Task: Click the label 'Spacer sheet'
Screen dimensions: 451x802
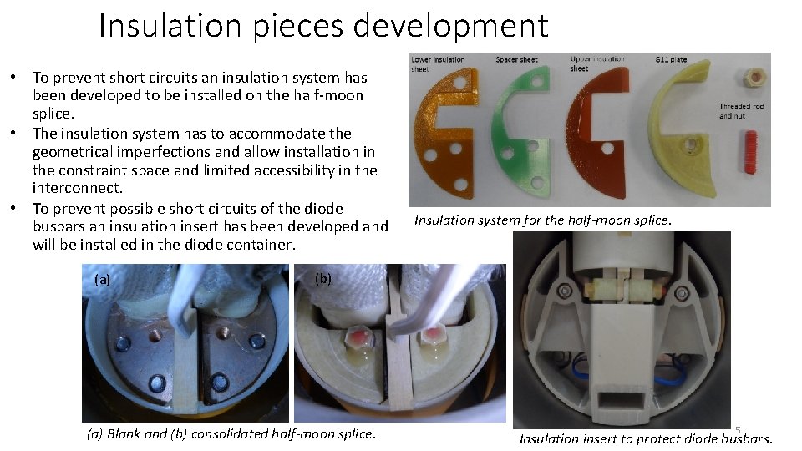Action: click(515, 60)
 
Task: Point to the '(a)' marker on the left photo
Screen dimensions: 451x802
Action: click(102, 280)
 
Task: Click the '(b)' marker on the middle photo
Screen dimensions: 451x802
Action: click(324, 279)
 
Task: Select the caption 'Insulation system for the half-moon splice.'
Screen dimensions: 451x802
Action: click(542, 220)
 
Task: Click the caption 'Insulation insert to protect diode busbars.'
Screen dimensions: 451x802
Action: click(646, 439)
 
